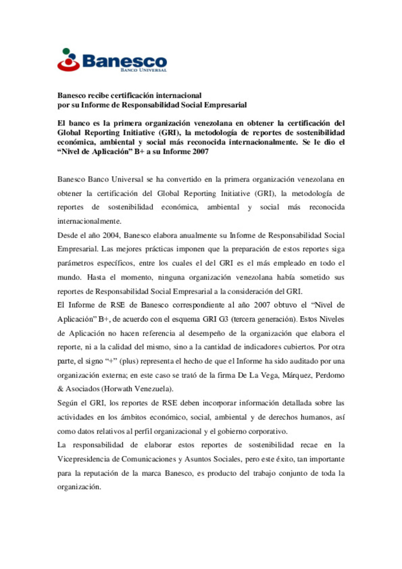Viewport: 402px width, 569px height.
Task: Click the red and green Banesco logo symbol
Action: click(x=68, y=60)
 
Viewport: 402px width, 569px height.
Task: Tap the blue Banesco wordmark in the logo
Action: click(x=124, y=61)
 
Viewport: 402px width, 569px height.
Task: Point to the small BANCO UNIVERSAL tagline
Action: click(x=143, y=70)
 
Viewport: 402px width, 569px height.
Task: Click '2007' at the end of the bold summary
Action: click(x=200, y=152)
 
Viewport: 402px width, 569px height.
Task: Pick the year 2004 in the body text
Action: click(x=111, y=235)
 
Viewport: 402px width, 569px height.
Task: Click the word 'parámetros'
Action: click(x=75, y=263)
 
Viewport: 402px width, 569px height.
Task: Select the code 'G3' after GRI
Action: click(x=223, y=319)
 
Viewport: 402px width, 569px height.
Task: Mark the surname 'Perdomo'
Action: click(x=330, y=375)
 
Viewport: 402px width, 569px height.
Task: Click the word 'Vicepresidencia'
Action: click(x=83, y=459)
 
